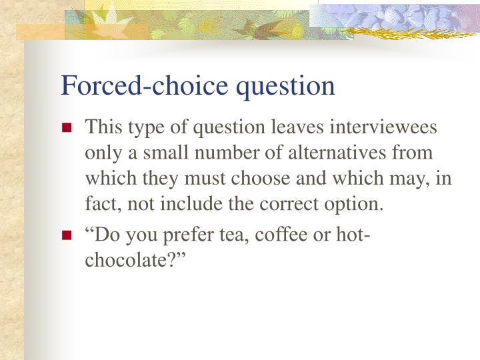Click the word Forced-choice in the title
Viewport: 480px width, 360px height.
(x=145, y=85)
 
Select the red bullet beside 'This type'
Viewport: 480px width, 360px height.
(x=67, y=127)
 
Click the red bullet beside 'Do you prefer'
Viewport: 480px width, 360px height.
(x=67, y=235)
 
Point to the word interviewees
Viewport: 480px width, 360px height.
(x=383, y=127)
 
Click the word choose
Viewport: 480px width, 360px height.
(x=260, y=179)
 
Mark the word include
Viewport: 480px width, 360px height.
(x=191, y=203)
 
